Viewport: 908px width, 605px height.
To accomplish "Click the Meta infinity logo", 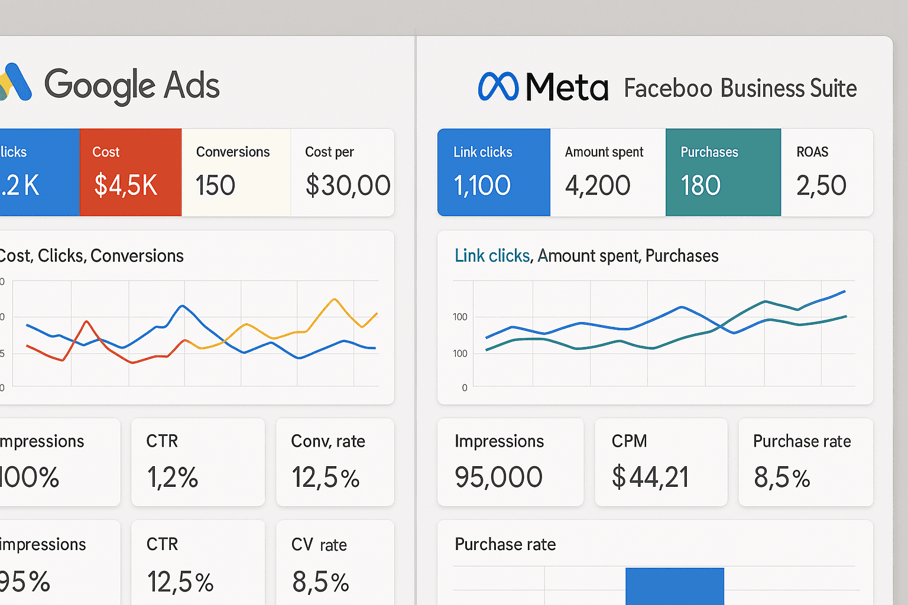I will pos(498,87).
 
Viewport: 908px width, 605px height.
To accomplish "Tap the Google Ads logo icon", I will pos(15,82).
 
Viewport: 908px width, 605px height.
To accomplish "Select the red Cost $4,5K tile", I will pos(130,172).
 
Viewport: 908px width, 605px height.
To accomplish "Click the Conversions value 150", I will pos(215,186).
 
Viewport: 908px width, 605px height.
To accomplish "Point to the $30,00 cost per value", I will pos(348,186).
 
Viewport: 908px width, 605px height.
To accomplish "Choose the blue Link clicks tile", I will pos(494,172).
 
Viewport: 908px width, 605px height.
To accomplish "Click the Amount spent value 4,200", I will pos(597,186).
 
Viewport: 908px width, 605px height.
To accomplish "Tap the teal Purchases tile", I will pos(722,172).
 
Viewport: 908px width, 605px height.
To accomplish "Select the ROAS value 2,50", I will pos(821,186).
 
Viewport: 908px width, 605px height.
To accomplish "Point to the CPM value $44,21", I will pos(650,477).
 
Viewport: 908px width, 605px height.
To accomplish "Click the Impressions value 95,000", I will pos(498,477).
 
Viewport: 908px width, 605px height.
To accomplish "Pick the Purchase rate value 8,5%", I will pos(781,477).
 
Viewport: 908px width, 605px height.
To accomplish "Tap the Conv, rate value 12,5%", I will pos(325,477).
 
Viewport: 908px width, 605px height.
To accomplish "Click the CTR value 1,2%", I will pos(172,477).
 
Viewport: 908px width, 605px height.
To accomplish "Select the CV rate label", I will pos(319,544).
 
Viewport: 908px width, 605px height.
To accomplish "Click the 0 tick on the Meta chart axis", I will pos(464,388).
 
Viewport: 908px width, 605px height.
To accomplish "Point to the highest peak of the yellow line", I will pos(335,300).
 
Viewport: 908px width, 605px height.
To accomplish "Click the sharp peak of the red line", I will pos(87,321).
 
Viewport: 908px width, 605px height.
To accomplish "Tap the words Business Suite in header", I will pos(789,89).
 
